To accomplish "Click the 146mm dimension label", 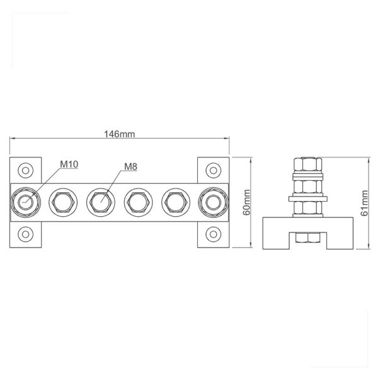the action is point(119,134).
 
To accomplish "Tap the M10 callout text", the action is point(69,164).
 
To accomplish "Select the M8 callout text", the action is point(130,166).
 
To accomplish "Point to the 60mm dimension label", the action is point(247,202).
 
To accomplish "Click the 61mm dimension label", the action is point(365,203).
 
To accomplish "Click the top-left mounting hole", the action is point(26,171).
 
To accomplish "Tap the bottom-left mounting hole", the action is point(26,234).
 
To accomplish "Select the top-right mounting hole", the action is point(214,171).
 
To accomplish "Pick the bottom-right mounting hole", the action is point(214,234).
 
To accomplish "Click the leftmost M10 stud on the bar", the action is point(26,202).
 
